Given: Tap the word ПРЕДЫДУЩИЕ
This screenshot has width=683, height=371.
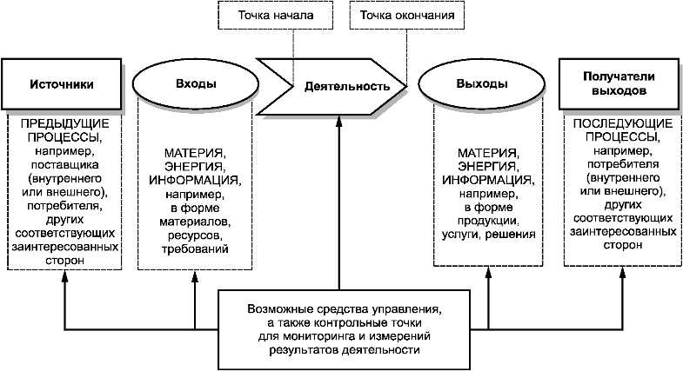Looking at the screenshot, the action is (x=65, y=123).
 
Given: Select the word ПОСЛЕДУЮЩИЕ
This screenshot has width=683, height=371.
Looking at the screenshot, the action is (x=622, y=123).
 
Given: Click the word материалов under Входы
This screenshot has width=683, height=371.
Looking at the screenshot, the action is (x=195, y=222).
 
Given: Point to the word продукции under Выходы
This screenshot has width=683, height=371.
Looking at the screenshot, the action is (x=488, y=221).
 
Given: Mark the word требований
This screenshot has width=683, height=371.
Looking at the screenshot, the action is (x=195, y=249).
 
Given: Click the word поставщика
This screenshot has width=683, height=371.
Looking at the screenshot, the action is (x=65, y=165).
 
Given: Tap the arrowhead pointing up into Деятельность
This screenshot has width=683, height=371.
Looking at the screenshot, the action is (x=339, y=121).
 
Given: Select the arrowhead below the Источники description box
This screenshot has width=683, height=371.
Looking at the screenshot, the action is (x=65, y=275).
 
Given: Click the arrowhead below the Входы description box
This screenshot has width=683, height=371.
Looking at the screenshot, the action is (x=195, y=275).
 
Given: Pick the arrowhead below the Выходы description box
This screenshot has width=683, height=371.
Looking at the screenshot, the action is (x=488, y=273).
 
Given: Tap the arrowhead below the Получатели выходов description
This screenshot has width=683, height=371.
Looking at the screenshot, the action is (x=622, y=273).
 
